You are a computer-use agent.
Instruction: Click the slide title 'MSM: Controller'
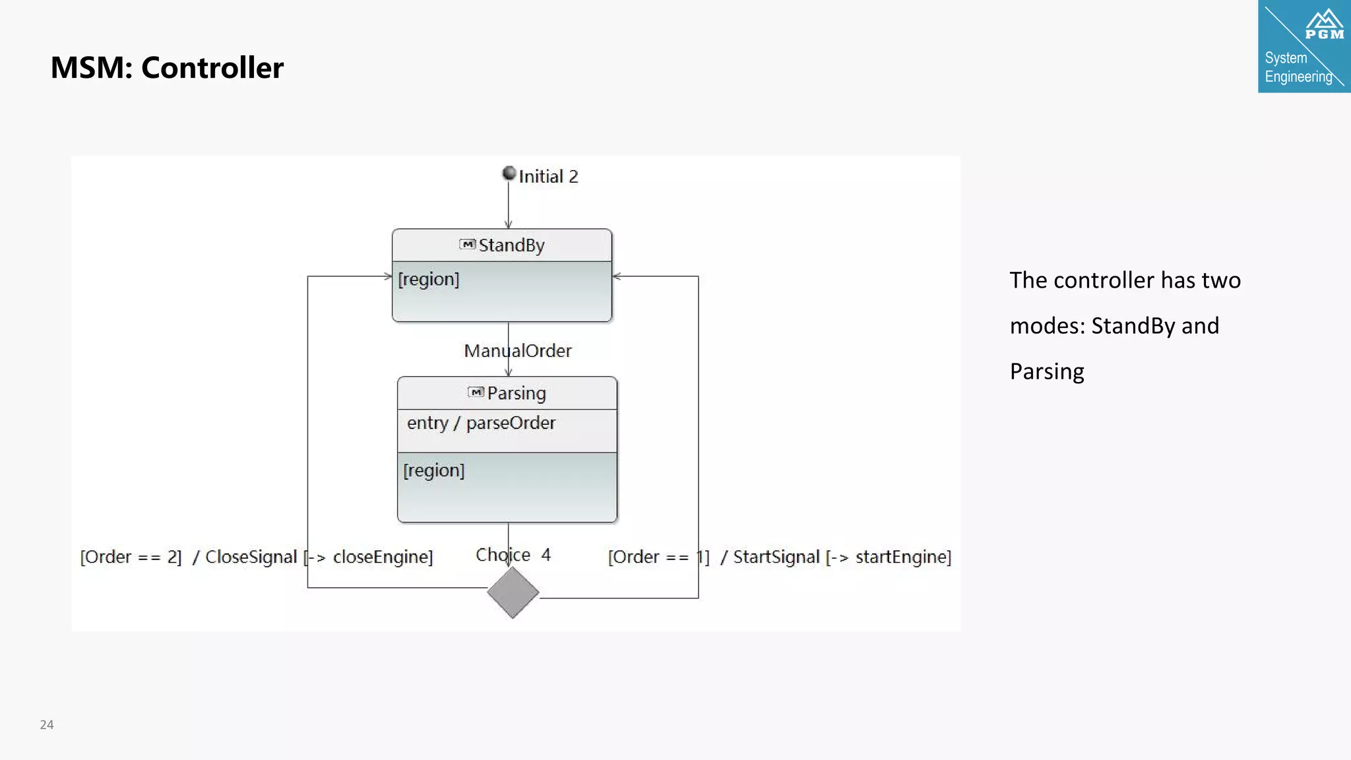(167, 67)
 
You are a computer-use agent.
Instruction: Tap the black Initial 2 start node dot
(509, 173)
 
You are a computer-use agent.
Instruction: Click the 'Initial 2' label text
(548, 177)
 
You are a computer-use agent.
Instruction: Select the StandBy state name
(511, 245)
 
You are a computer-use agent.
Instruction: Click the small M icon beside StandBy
(467, 245)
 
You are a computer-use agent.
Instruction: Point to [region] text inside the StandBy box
(429, 279)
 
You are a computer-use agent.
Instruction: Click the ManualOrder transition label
(518, 351)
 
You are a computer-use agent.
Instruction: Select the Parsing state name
(517, 393)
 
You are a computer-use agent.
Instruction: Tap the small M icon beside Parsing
(476, 393)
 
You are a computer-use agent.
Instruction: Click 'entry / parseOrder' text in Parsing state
(481, 423)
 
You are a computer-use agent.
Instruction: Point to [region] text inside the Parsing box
(434, 470)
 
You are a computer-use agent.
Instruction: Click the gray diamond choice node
(513, 592)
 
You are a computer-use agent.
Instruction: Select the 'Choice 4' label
(513, 555)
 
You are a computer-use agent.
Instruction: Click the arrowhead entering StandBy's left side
(389, 276)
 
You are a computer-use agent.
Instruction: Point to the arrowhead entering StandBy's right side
(617, 276)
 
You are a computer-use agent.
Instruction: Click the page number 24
(47, 724)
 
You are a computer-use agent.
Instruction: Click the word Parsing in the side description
(1047, 371)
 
